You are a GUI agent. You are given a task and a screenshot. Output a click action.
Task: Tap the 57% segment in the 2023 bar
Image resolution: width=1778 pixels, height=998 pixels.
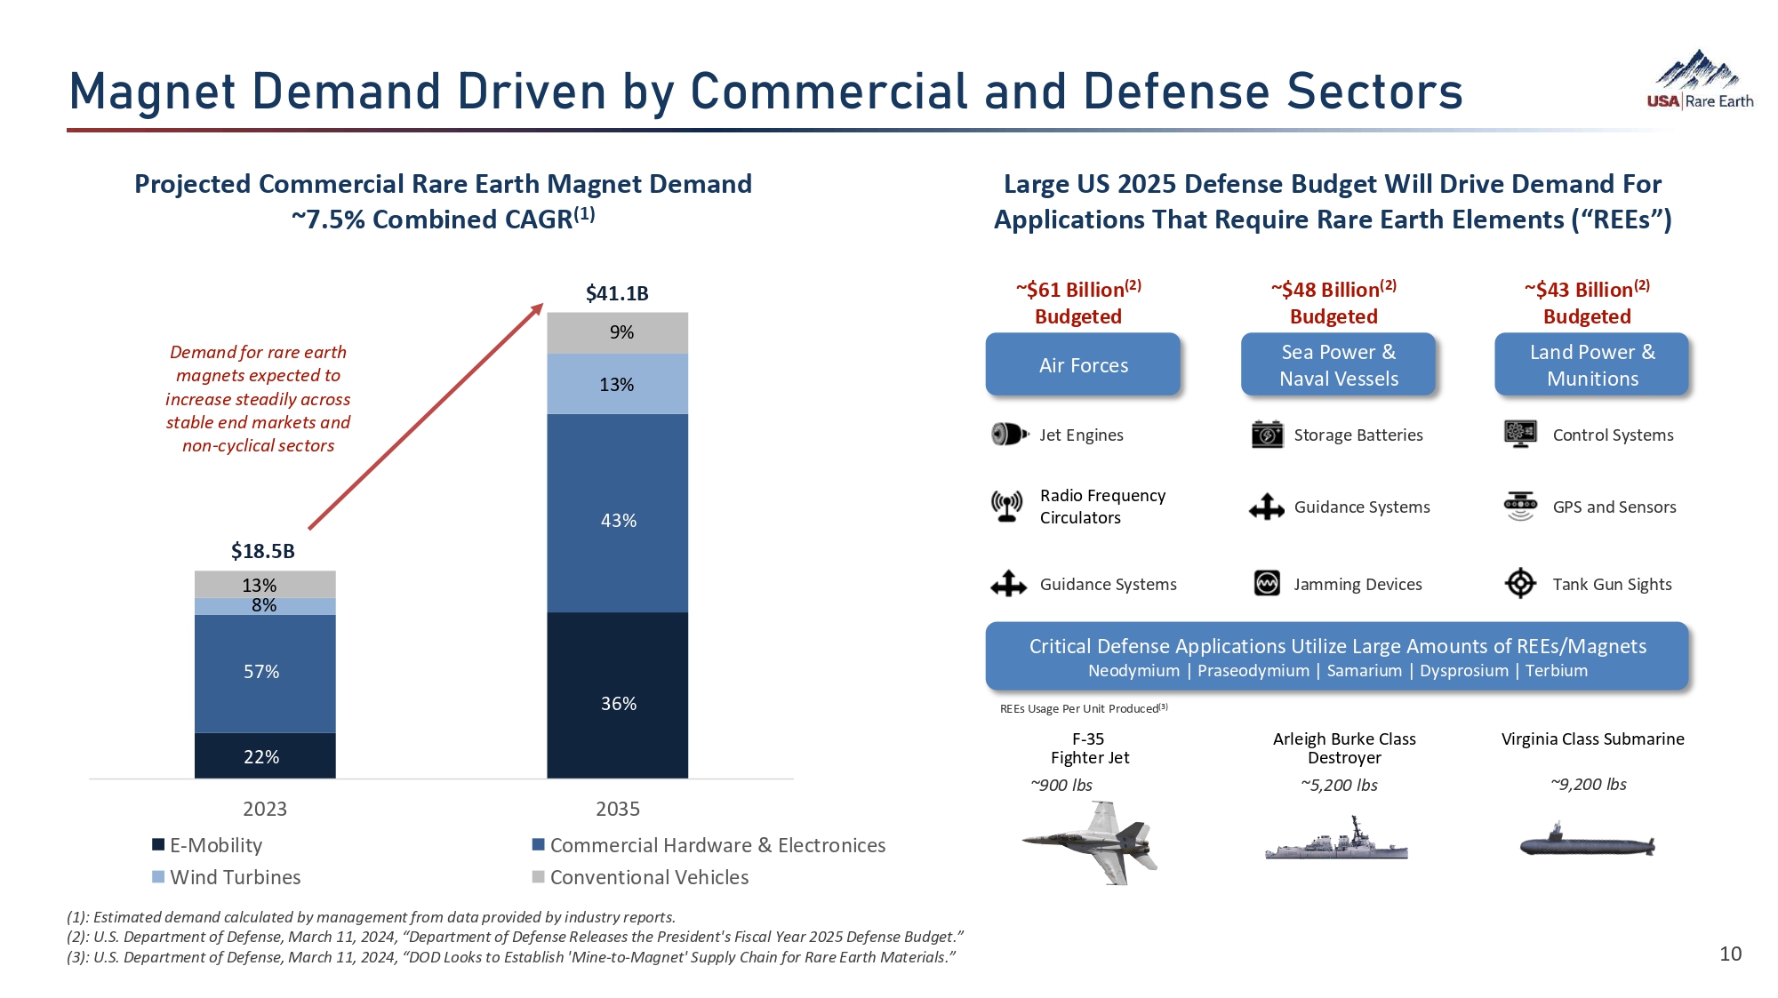coord(264,673)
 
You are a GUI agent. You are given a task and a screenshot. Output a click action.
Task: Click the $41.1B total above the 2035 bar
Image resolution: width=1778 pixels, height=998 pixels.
coord(617,293)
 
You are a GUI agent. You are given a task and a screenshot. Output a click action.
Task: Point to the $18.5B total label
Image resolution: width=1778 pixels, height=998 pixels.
coord(263,551)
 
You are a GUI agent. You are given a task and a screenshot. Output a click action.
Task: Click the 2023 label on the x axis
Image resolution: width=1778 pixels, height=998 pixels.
coord(265,809)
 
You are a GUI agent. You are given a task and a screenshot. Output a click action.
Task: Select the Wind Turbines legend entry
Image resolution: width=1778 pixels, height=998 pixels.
coord(227,877)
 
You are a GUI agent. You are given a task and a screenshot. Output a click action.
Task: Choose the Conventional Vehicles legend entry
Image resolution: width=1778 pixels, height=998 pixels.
coord(640,877)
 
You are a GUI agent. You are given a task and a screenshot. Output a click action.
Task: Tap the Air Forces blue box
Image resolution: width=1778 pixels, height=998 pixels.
coord(1083,364)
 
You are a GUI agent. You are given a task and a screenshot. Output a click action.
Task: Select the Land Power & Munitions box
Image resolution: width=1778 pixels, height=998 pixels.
coord(1591,364)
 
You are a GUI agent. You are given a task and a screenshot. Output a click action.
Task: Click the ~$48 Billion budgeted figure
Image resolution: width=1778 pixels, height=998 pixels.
coord(1333,291)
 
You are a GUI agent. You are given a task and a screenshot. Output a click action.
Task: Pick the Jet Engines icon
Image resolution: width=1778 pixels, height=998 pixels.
coord(1009,435)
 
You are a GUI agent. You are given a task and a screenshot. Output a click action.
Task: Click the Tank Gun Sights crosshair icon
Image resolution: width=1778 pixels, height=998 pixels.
coord(1520,584)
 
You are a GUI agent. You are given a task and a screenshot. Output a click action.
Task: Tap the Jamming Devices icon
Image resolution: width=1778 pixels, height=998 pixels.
coord(1267,584)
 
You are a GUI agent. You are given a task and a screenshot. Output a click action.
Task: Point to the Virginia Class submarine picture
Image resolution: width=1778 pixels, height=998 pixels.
coord(1588,842)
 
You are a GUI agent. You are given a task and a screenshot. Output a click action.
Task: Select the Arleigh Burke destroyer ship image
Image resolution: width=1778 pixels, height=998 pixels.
coord(1337,841)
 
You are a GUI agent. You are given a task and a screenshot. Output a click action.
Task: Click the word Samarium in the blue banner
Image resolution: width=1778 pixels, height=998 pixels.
coord(1364,671)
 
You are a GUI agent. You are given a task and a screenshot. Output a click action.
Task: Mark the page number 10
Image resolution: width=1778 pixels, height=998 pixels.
coord(1730,954)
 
